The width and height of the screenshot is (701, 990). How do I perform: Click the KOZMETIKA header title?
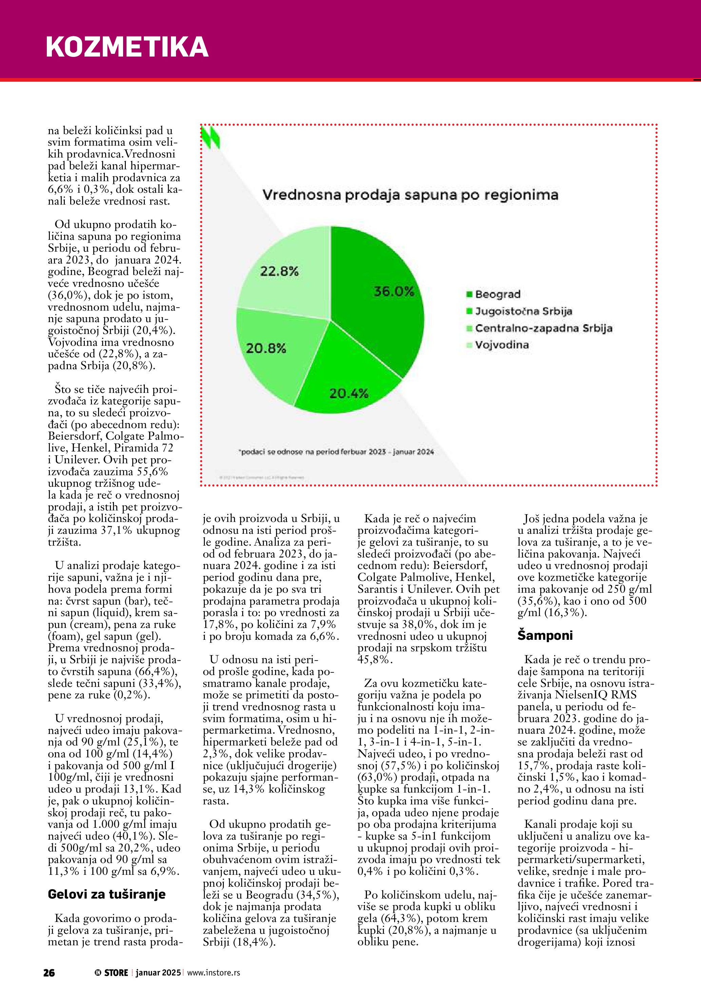pos(127,46)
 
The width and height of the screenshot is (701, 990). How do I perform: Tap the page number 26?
pos(49,973)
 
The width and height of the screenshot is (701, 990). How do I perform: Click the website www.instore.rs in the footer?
pos(214,973)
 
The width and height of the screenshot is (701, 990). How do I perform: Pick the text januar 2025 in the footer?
pos(158,973)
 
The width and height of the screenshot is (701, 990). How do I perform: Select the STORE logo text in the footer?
pos(116,973)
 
